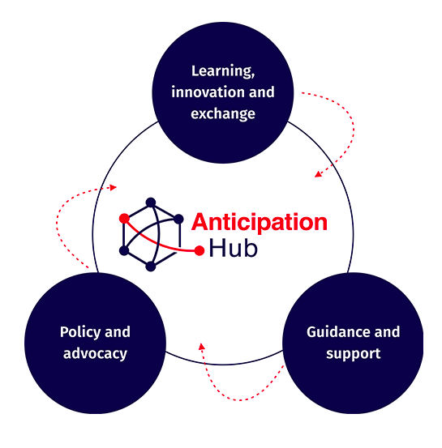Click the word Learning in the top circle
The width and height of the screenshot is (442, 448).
click(x=222, y=71)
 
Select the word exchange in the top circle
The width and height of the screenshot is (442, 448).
click(x=223, y=113)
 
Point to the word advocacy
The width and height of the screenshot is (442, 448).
click(x=95, y=354)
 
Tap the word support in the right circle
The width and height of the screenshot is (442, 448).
click(x=354, y=354)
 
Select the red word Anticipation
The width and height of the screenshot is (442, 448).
click(x=260, y=223)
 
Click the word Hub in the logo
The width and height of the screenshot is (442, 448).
click(x=234, y=248)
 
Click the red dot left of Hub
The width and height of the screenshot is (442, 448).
click(x=200, y=250)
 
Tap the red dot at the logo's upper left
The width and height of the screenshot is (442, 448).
click(x=124, y=219)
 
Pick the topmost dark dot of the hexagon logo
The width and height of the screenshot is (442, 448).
click(x=151, y=203)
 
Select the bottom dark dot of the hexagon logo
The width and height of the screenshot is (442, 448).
click(x=151, y=267)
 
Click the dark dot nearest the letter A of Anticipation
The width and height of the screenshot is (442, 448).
click(x=178, y=219)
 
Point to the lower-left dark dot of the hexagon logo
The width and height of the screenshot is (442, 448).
click(x=124, y=250)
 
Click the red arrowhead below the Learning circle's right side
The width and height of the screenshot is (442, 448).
click(x=318, y=174)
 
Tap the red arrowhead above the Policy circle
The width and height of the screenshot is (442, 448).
click(x=114, y=187)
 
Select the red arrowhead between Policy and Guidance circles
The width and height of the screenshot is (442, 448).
click(x=202, y=347)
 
